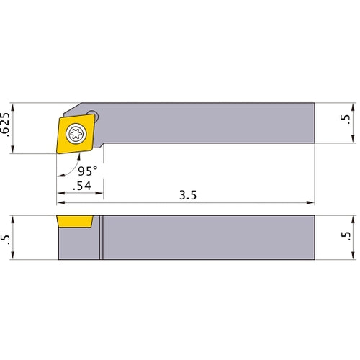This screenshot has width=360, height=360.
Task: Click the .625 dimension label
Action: (x=5, y=125)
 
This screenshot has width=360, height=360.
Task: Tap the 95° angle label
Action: (x=88, y=171)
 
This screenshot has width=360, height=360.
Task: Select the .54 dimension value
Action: (x=82, y=186)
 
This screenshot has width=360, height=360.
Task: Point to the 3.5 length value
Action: (x=188, y=195)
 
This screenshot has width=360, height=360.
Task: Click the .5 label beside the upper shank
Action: (x=346, y=120)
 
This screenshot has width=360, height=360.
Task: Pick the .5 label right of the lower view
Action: (x=346, y=236)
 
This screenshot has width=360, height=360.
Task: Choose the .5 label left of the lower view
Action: (x=5, y=240)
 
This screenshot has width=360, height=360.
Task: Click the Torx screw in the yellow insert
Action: (x=76, y=134)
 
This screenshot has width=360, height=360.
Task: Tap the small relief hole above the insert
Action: (x=93, y=114)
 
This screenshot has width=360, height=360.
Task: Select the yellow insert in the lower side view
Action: (x=75, y=221)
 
